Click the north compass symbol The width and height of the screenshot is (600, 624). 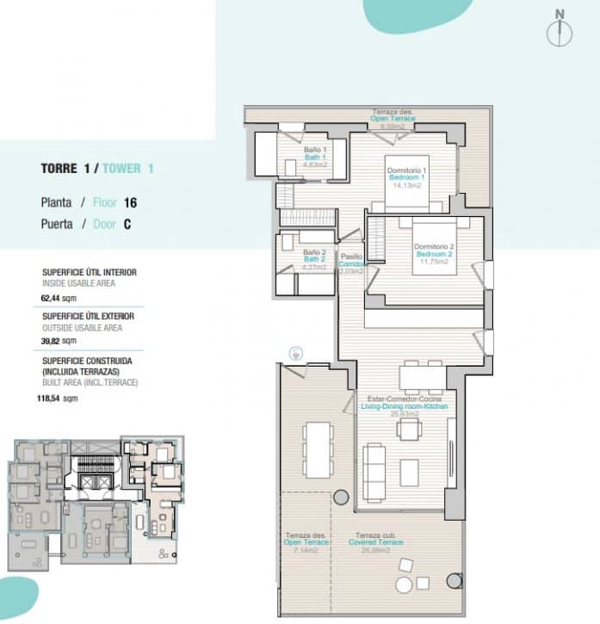(560, 28)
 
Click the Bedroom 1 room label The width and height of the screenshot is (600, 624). (407, 176)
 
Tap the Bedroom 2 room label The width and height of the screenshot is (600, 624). (434, 255)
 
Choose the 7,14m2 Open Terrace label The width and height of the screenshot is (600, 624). (302, 541)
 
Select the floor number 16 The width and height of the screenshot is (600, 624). (130, 203)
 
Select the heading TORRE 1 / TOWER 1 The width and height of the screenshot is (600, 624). (97, 169)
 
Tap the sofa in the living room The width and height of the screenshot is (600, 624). (375, 465)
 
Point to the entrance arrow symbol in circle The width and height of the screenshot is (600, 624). (297, 352)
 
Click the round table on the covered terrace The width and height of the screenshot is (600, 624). (403, 585)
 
